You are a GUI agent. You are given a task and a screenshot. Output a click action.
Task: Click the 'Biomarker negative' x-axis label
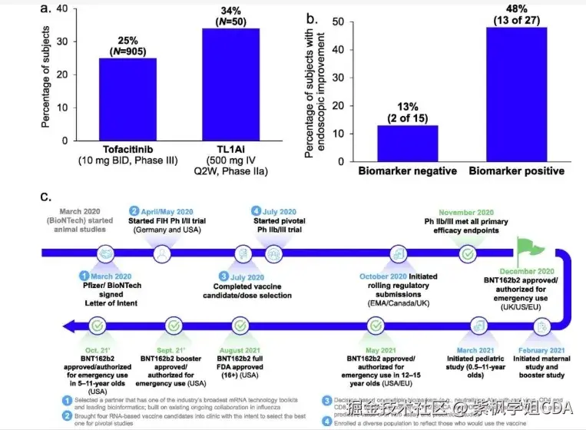406,168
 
